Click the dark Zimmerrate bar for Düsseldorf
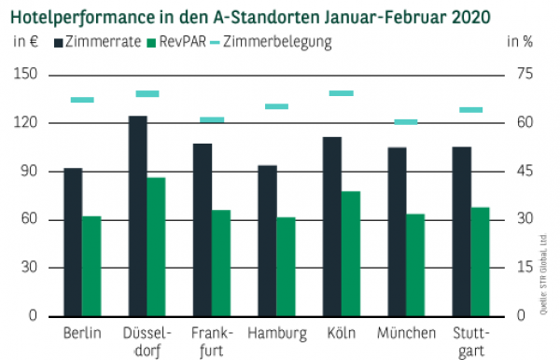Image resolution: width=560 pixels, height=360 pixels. pos(137,215)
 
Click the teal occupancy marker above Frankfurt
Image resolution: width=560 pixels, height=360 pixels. pos(212,119)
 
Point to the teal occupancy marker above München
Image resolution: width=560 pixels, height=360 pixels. pos(406,121)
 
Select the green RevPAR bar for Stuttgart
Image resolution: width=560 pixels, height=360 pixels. pos(480,261)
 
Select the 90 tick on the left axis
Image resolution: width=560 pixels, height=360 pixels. pos(29,171)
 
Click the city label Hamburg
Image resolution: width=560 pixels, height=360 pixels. pos(277,333)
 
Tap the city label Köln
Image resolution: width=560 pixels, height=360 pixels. pos(341,333)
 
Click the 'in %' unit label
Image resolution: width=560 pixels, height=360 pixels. pos(520,41)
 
